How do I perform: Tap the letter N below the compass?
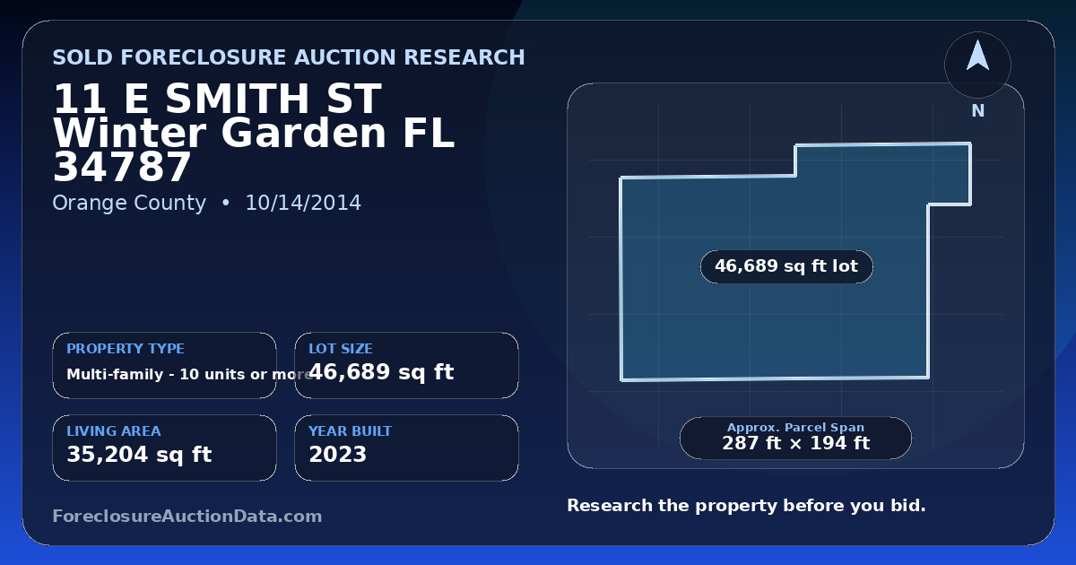point(978,111)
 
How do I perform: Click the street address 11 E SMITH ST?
point(217,99)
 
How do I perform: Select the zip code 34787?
point(122,167)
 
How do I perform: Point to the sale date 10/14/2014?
point(303,203)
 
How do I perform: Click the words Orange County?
point(129,204)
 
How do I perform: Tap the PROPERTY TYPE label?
point(126,348)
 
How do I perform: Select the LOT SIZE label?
point(341,348)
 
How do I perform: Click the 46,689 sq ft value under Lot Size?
point(381,372)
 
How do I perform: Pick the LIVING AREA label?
point(114,431)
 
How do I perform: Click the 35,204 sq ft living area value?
point(139,455)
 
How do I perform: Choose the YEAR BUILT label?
point(351,431)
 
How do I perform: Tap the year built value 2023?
point(338,455)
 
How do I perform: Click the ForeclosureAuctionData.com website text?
point(187,516)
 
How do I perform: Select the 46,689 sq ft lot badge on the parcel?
point(786,266)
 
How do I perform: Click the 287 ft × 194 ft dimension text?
point(796,443)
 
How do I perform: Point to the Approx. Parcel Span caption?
point(796,427)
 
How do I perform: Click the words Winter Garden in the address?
point(220,133)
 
